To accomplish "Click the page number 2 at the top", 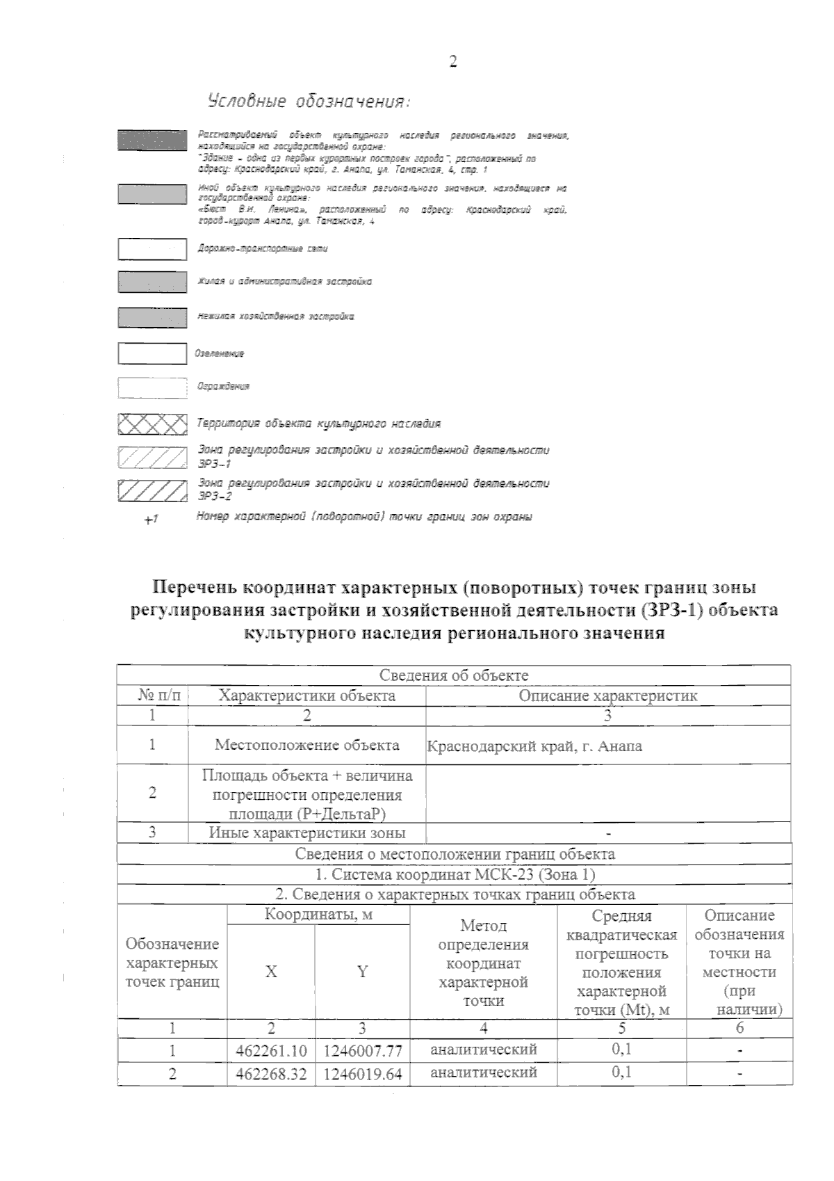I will click(x=453, y=62).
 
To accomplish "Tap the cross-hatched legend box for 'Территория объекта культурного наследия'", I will click(x=152, y=423).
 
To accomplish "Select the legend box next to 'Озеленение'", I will click(x=152, y=353).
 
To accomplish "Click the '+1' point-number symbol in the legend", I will click(x=151, y=519).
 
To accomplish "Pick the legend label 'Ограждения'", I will click(x=223, y=386).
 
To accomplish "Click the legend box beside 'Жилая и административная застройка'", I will click(x=152, y=282).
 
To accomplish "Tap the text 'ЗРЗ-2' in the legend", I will click(x=215, y=497).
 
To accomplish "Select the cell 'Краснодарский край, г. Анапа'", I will click(x=534, y=746).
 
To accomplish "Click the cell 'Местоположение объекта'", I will click(x=306, y=745).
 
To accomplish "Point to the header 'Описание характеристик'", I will click(x=608, y=696).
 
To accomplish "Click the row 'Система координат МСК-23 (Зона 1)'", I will click(x=455, y=874).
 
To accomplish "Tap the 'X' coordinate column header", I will click(x=271, y=972).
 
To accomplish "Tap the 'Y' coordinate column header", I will click(x=362, y=972).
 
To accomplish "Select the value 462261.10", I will click(x=271, y=1050).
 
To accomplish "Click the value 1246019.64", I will click(x=362, y=1074).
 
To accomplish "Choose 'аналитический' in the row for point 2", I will click(x=484, y=1072).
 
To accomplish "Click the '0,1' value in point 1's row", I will click(x=621, y=1049).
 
